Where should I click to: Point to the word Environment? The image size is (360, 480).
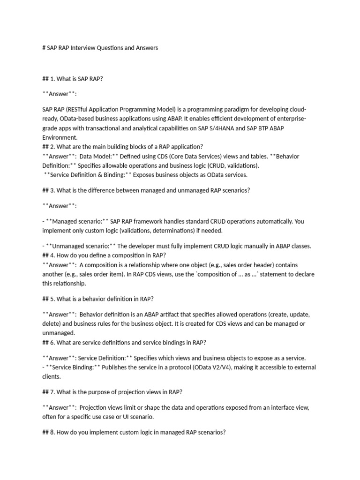[60, 137]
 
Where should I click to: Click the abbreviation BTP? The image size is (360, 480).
[270, 127]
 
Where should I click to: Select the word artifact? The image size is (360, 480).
[172, 314]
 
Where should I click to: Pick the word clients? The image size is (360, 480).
[52, 376]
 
